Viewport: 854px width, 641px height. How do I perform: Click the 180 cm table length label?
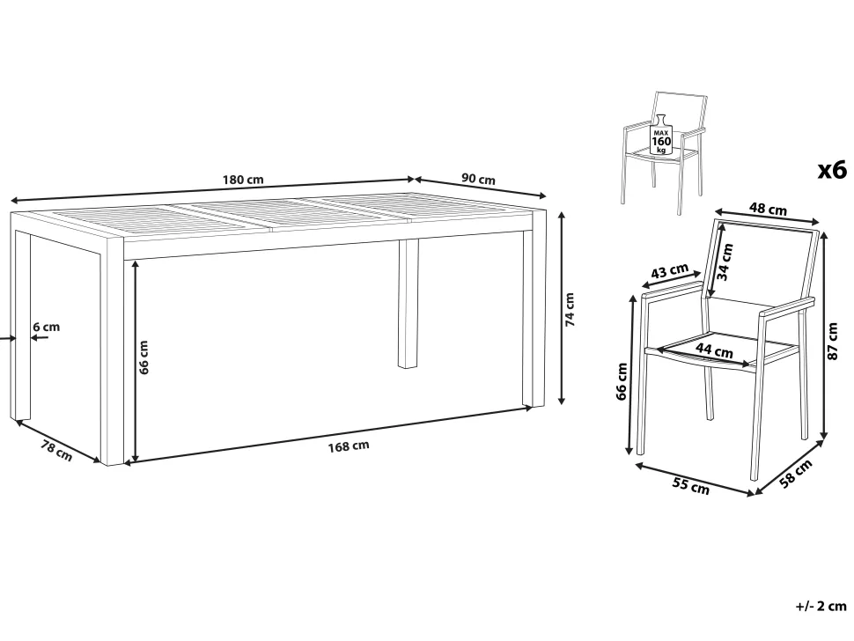(x=243, y=180)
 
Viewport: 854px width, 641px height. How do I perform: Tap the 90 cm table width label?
(x=478, y=179)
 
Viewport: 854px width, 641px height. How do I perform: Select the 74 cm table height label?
(x=570, y=309)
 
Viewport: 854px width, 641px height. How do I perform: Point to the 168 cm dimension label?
(x=349, y=446)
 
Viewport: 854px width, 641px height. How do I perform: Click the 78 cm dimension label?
(x=56, y=450)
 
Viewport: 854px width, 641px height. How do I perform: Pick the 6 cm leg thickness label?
(x=47, y=327)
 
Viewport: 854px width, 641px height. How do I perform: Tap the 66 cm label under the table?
(x=144, y=357)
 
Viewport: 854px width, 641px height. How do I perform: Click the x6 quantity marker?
(x=832, y=170)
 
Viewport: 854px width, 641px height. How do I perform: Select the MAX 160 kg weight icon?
(x=662, y=135)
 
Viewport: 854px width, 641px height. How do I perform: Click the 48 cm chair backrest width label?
(x=768, y=209)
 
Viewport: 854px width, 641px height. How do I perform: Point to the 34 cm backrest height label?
(x=725, y=262)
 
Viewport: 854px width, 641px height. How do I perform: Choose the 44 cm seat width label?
(x=715, y=350)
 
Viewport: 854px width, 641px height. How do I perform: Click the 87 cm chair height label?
(x=832, y=342)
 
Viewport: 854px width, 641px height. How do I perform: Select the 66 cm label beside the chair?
(x=622, y=381)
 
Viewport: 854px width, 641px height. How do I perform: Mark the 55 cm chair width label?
(x=692, y=485)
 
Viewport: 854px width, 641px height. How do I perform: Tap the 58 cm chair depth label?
(x=796, y=474)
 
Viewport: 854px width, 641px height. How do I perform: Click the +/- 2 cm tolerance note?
(x=821, y=606)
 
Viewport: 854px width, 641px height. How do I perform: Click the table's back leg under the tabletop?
(x=409, y=304)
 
